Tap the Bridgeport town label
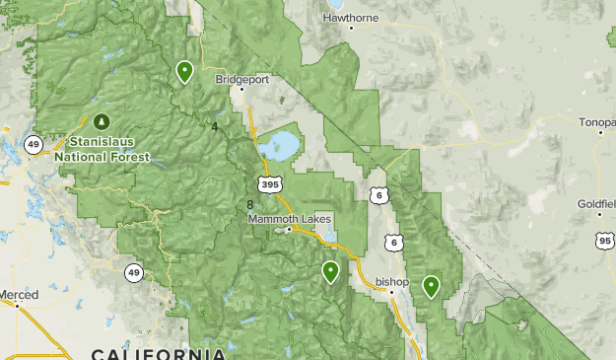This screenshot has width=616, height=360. [x=242, y=79]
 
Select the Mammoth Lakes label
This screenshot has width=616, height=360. [x=290, y=218]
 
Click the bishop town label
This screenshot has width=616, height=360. [x=392, y=282]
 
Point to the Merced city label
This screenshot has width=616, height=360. [x=20, y=295]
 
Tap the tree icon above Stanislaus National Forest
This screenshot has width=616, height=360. [x=102, y=122]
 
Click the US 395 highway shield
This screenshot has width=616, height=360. [x=267, y=184]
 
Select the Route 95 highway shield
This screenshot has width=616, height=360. [x=603, y=239]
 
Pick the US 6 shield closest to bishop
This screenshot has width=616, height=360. [x=393, y=242]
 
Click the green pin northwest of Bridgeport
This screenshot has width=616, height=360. [x=184, y=71]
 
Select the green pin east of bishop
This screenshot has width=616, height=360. [x=431, y=286]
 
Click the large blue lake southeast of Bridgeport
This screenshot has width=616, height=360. [x=279, y=146]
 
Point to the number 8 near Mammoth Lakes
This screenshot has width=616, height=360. [x=250, y=204]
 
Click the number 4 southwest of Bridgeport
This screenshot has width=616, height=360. [x=214, y=125]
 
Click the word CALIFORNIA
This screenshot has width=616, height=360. [x=158, y=353]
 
